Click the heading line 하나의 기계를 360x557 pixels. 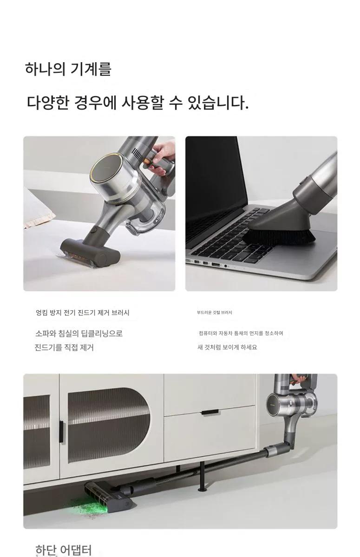(68, 69)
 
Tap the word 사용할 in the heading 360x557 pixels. (143, 103)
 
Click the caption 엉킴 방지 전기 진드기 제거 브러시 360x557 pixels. (83, 312)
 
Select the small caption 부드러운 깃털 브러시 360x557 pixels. (215, 312)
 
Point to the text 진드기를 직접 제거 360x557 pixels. (64, 347)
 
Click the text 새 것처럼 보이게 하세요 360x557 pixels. (227, 347)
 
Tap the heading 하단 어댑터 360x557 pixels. (64, 550)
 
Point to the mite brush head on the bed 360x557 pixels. (91, 251)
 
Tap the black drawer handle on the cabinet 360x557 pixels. (210, 413)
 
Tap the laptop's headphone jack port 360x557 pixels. (226, 266)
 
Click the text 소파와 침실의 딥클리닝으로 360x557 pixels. (79, 333)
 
